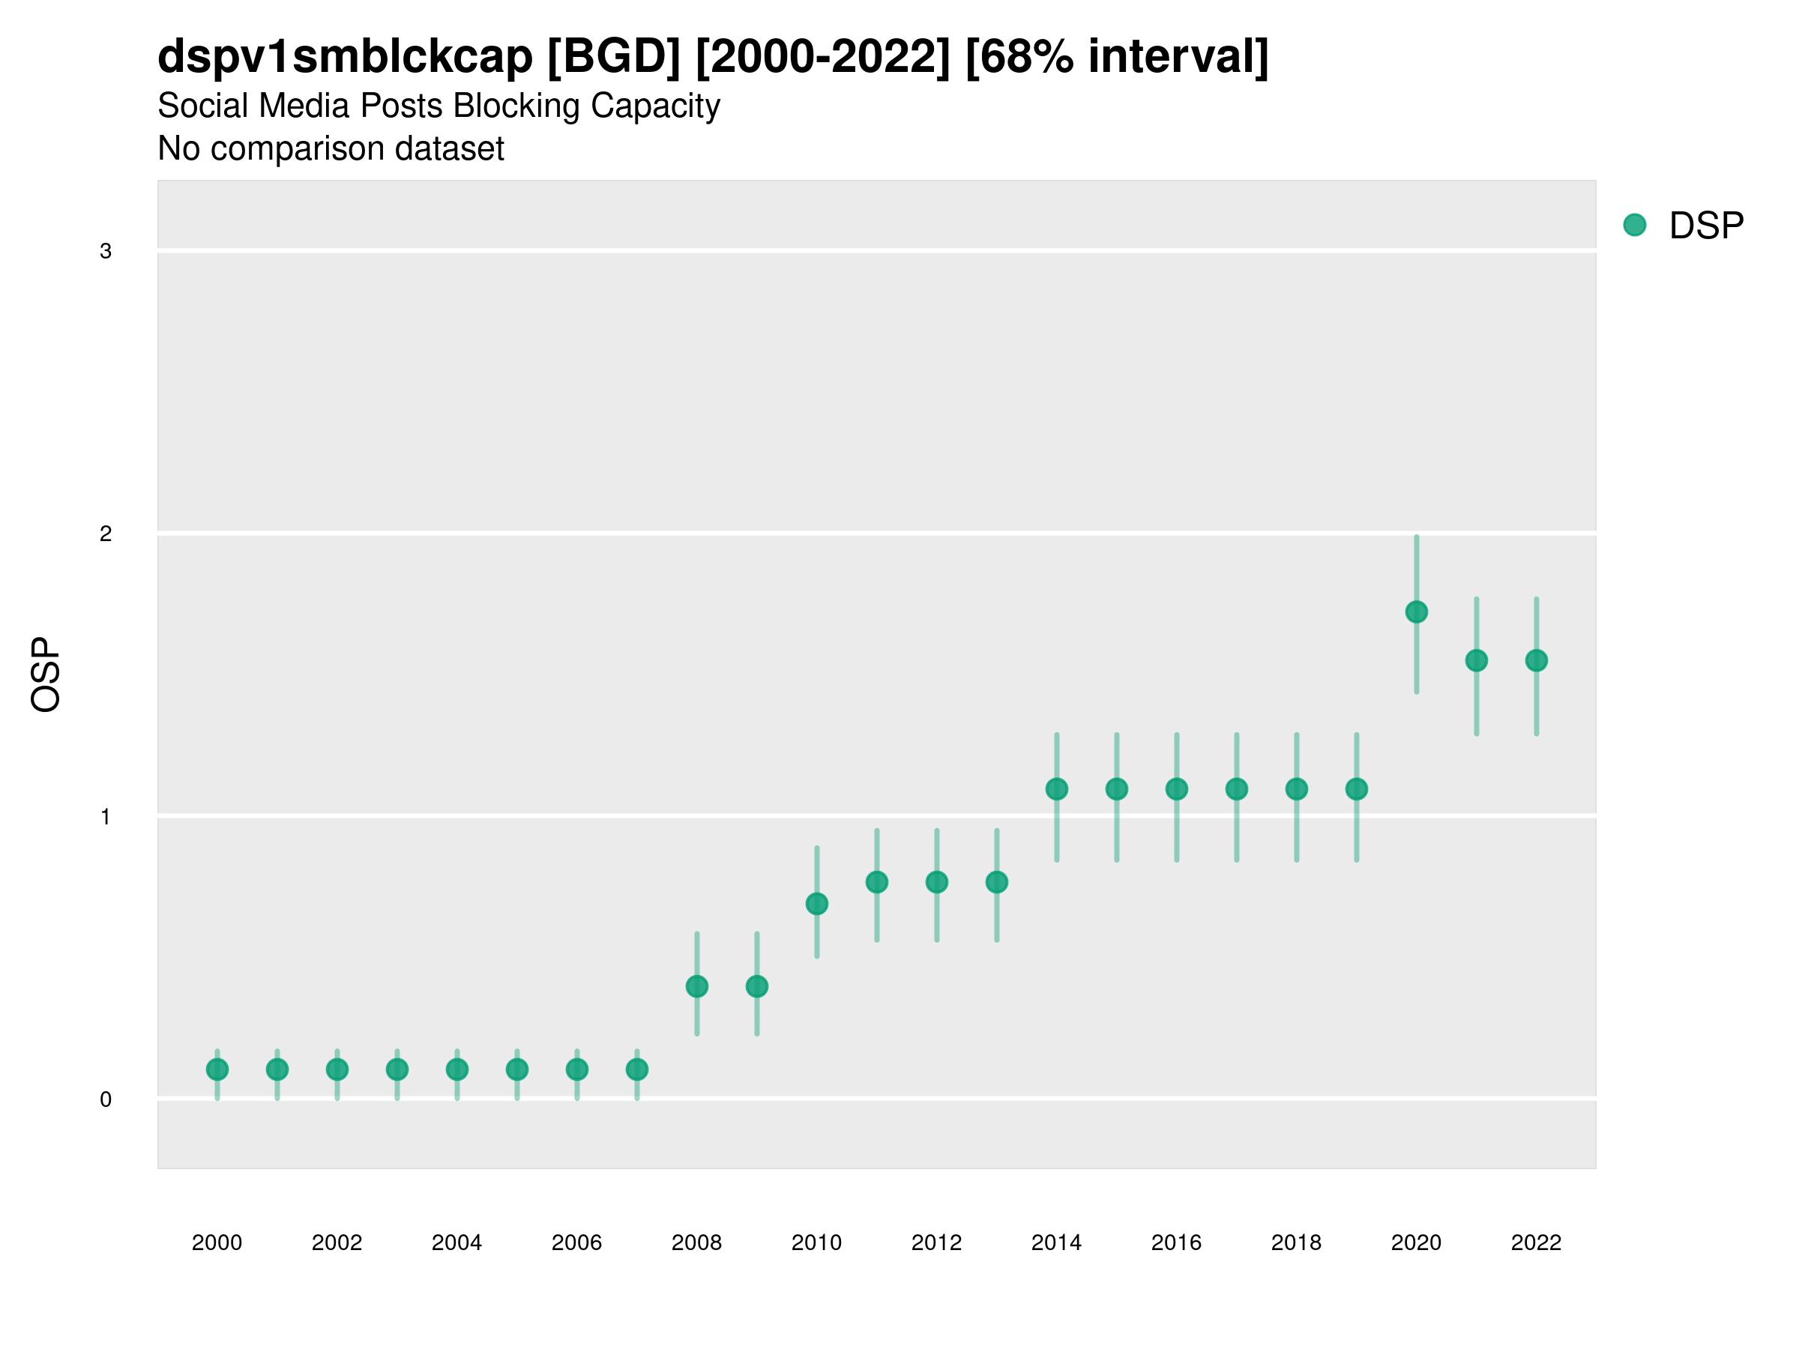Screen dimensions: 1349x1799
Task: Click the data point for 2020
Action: pos(1416,612)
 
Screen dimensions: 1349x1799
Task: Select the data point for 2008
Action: pos(697,986)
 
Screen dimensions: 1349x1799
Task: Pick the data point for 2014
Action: pos(1056,788)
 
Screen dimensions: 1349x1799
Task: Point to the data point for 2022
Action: pos(1537,660)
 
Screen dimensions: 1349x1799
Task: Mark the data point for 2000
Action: pos(217,1069)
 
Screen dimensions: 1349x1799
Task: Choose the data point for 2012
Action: pos(937,882)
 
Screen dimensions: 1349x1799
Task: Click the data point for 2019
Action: pos(1357,788)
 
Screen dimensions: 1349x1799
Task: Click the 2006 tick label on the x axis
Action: pos(576,1243)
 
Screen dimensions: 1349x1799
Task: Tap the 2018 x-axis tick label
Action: pos(1296,1243)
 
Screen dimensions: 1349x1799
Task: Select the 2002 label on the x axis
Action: pos(337,1243)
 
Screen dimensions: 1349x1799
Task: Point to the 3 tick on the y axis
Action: pos(106,251)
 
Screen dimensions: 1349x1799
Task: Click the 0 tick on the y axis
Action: pos(106,1099)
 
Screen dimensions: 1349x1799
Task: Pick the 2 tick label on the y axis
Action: pos(106,534)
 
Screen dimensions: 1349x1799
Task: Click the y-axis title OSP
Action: pos(46,675)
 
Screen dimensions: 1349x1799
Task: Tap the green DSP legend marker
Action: pos(1635,226)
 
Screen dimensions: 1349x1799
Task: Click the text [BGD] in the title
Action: pos(613,57)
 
